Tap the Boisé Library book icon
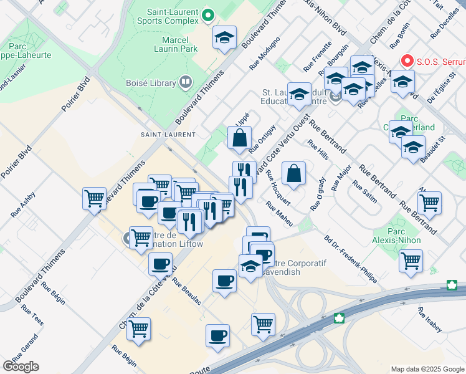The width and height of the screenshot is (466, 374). pos(185,82)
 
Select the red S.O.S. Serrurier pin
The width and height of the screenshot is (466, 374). pos(407,61)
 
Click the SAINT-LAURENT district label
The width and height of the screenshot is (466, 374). pos(168,135)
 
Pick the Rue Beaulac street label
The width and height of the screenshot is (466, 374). pos(188,290)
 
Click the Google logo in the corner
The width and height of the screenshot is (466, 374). pos(20,367)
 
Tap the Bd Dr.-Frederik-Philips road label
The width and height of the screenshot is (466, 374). pos(350,259)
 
